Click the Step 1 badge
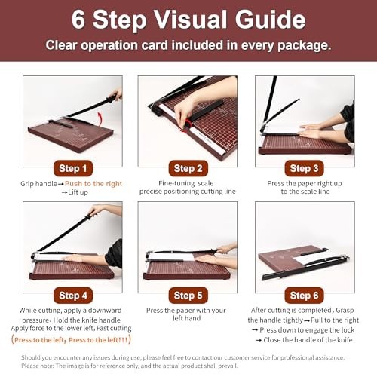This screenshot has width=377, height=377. [73, 168]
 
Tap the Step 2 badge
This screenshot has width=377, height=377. [188, 168]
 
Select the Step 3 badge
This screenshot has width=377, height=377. [304, 168]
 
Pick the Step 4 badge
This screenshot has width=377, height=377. [73, 296]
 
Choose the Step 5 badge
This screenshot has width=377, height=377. [188, 296]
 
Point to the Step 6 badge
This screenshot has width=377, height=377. [304, 296]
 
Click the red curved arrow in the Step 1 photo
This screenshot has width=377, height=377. [100, 119]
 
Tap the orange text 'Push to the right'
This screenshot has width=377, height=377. [93, 184]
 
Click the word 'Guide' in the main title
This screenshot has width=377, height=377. [271, 20]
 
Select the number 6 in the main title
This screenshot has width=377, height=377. [78, 20]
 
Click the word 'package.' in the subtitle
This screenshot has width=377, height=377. [304, 46]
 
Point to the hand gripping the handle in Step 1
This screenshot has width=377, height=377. [115, 93]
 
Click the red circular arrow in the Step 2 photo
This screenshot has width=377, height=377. [185, 125]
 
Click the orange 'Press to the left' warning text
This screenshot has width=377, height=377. [71, 340]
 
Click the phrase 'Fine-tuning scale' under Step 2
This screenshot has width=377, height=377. [186, 183]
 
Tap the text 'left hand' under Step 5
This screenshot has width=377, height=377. [187, 318]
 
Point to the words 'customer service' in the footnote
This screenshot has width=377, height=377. [243, 357]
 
